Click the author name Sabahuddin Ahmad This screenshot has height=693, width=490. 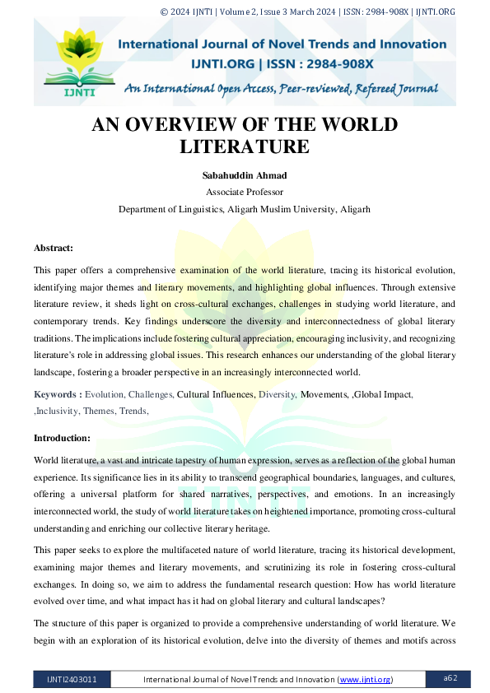point(245,175)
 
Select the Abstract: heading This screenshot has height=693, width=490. point(54,248)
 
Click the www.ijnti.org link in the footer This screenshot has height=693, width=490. point(365,679)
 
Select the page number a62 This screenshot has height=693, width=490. point(450,678)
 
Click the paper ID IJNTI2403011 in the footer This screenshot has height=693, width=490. point(71,679)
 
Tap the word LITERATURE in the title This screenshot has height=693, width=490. point(245,147)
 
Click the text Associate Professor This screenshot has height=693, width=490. point(245,192)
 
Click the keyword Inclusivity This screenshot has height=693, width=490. point(61,411)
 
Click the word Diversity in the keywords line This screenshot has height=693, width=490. point(277,395)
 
